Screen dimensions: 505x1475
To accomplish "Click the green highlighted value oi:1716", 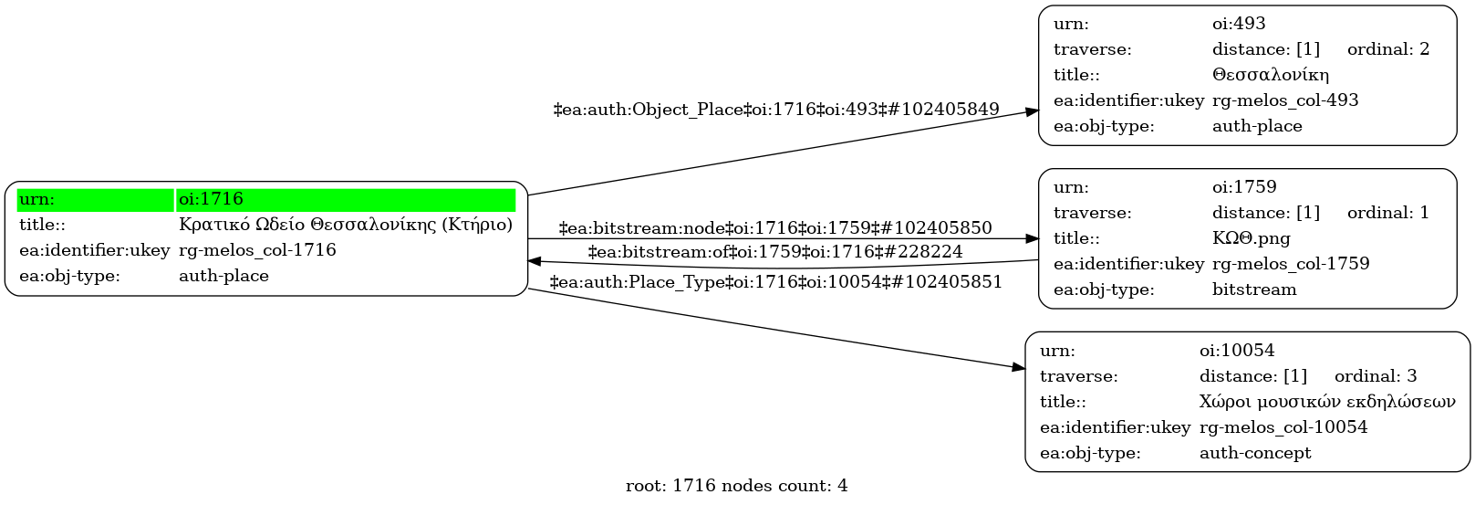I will point(212,199).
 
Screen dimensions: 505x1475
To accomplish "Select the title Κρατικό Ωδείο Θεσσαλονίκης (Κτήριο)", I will point(346,225).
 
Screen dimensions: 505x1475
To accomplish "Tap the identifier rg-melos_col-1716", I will point(257,250).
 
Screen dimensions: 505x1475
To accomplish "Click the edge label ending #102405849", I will point(776,110).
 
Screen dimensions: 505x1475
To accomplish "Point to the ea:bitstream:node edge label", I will point(775,228).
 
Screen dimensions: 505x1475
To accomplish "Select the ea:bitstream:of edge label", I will point(775,252).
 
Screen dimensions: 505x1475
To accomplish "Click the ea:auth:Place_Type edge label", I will point(776,282).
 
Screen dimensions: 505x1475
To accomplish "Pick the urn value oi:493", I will point(1239,24).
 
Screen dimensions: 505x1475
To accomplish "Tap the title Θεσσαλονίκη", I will point(1270,75).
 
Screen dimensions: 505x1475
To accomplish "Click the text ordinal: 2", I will point(1388,49).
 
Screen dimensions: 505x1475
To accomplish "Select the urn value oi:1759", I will point(1244,187).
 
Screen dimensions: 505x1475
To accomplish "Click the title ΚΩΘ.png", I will point(1251,238).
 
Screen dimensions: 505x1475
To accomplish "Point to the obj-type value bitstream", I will point(1254,289).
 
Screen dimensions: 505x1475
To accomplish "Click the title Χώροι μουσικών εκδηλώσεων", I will point(1327,402).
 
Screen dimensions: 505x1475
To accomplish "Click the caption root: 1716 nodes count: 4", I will point(737,486).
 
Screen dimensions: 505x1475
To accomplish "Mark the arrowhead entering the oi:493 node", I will point(1032,111).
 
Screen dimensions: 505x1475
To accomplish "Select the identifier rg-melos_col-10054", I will point(1283,427).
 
